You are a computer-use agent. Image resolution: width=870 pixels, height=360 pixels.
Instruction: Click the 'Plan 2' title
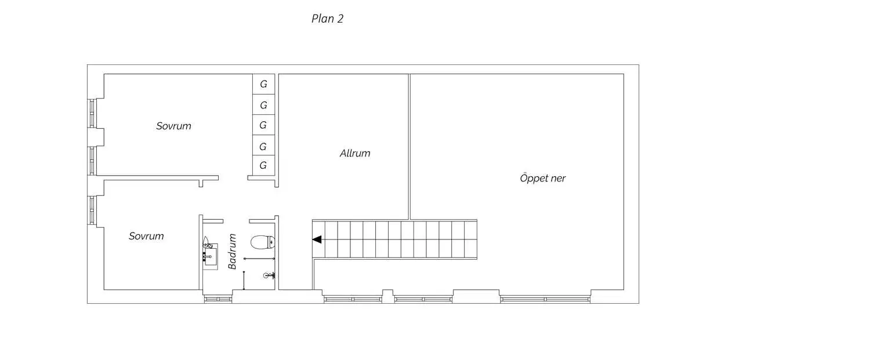point(328,19)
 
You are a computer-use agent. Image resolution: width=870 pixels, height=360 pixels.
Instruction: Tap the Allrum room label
point(355,154)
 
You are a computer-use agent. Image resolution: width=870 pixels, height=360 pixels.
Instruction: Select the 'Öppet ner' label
point(542,178)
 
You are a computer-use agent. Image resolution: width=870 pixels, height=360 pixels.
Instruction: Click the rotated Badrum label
point(232,251)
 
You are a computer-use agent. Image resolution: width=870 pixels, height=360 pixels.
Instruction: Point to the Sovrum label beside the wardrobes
point(173,126)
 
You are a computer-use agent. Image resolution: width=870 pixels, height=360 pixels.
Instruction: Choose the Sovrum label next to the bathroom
point(146,236)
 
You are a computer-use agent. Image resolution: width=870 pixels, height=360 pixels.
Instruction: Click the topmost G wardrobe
point(264,84)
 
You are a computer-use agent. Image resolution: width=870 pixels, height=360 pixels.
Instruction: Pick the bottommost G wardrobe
point(263,165)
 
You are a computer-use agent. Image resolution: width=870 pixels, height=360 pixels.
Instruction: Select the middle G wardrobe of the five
point(263,125)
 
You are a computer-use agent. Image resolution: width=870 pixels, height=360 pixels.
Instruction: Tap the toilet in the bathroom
point(263,242)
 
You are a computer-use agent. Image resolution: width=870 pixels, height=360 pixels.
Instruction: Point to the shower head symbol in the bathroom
point(269,275)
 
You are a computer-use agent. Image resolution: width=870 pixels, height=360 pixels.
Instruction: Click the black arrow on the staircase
point(317,239)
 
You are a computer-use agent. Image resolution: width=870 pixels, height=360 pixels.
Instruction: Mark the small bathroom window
point(218,299)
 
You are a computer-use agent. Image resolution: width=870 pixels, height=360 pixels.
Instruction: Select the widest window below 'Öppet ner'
point(545,299)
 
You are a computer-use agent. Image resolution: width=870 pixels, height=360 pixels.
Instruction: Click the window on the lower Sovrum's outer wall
point(92,210)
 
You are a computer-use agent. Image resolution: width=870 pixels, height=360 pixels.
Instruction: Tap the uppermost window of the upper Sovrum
point(92,113)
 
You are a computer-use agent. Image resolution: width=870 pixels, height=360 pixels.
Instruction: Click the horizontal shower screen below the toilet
point(259,259)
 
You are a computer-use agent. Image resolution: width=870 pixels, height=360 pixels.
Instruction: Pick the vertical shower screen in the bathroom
point(244,281)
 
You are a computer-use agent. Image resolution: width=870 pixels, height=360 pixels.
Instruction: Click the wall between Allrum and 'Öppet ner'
point(409,147)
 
